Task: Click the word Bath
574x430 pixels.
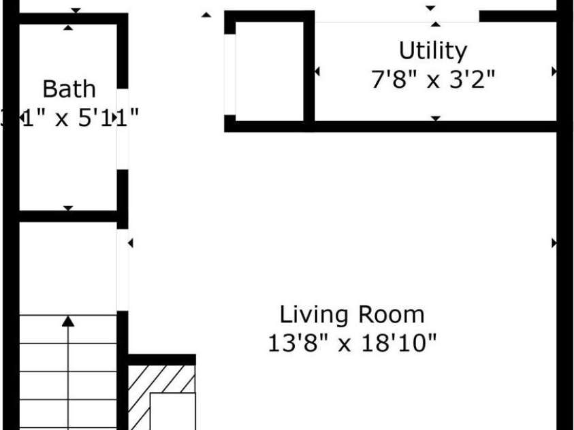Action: pyautogui.click(x=69, y=89)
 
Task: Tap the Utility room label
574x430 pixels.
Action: pyautogui.click(x=433, y=51)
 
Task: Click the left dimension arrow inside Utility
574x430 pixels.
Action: pyautogui.click(x=317, y=71)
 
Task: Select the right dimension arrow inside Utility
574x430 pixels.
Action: pyautogui.click(x=554, y=71)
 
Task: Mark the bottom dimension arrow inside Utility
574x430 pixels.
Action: pyautogui.click(x=435, y=118)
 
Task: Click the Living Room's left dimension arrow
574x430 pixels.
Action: pyautogui.click(x=130, y=243)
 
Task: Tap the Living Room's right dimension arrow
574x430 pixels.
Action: pyautogui.click(x=554, y=243)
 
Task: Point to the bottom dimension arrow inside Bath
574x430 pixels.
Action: pyautogui.click(x=68, y=208)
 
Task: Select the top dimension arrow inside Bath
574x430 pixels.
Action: pyautogui.click(x=68, y=27)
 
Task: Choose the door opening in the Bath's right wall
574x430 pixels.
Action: pyautogui.click(x=123, y=129)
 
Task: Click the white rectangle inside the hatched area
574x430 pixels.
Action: pyautogui.click(x=172, y=411)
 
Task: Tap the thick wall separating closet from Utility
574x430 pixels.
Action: pyautogui.click(x=308, y=71)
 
